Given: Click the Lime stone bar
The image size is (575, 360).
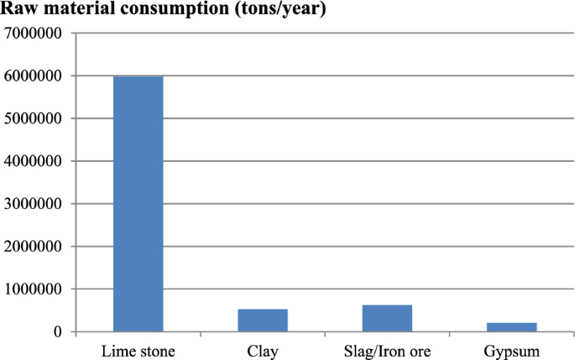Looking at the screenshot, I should (x=138, y=204).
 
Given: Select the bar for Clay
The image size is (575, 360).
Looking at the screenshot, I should (x=263, y=321).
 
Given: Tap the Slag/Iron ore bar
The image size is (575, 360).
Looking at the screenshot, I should (x=387, y=318).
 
